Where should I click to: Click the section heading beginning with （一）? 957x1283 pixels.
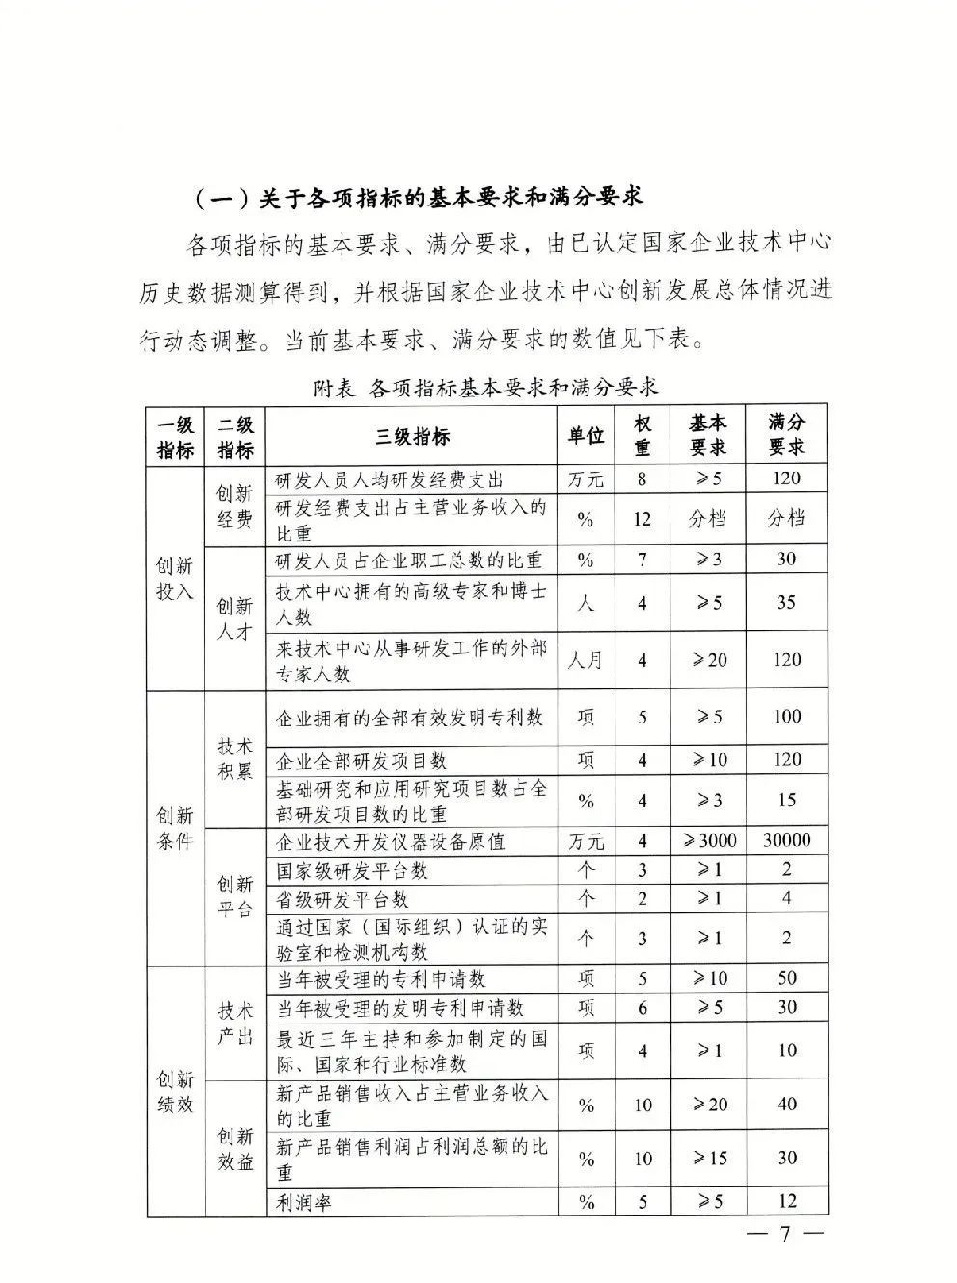click(417, 198)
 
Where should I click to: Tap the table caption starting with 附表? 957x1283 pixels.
click(486, 388)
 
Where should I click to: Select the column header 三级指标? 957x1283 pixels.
click(412, 436)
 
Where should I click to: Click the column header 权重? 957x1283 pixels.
click(643, 436)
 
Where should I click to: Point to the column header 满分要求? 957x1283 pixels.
click(786, 435)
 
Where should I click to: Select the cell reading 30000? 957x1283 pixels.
click(786, 841)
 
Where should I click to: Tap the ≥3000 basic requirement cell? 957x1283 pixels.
click(709, 841)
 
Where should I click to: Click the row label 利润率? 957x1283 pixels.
click(304, 1202)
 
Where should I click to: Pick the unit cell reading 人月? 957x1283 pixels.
click(586, 660)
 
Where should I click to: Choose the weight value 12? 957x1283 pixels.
click(643, 519)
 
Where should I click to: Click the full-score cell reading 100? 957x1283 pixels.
click(786, 717)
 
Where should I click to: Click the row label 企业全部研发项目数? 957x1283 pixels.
click(362, 761)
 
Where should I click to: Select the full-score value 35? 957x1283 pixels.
click(786, 603)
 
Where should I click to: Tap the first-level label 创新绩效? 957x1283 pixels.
click(175, 1092)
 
